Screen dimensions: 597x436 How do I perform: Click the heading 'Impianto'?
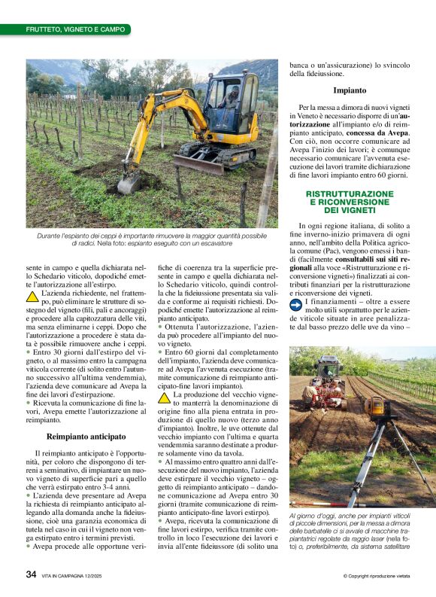(x=350, y=90)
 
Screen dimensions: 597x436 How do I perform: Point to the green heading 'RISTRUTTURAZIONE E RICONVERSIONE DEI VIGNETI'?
(x=350, y=203)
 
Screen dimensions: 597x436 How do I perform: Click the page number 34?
(x=32, y=574)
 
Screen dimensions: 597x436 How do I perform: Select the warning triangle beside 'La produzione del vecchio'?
(x=165, y=397)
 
